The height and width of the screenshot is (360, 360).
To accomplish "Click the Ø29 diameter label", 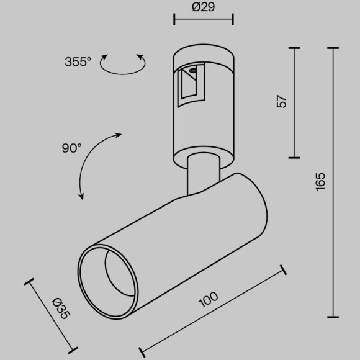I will pyautogui.click(x=204, y=7).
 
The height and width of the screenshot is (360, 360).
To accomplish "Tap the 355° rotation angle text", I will pyautogui.click(x=78, y=61).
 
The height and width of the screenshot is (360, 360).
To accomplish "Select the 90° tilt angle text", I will pyautogui.click(x=71, y=148).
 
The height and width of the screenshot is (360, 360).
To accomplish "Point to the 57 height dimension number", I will pyautogui.click(x=282, y=102).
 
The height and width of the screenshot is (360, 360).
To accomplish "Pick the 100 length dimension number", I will pyautogui.click(x=209, y=300).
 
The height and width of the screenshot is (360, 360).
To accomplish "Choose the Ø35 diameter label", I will pyautogui.click(x=60, y=308).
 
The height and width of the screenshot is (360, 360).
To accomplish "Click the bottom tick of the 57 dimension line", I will pyautogui.click(x=294, y=158).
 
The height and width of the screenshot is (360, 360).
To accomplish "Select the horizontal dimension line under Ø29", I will pyautogui.click(x=204, y=20).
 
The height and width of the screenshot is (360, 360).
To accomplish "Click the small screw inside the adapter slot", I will pyautogui.click(x=192, y=71).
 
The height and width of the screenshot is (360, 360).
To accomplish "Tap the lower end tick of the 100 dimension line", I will pyautogui.click(x=142, y=351).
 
